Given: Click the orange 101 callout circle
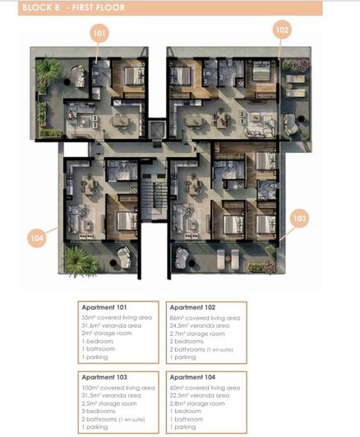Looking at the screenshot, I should pyautogui.click(x=100, y=34).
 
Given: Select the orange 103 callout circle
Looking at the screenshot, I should pyautogui.click(x=299, y=218).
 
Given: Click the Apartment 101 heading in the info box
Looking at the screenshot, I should pyautogui.click(x=106, y=308).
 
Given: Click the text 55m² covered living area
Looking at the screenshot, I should pyautogui.click(x=116, y=317).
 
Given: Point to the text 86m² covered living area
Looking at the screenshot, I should pyautogui.click(x=205, y=317).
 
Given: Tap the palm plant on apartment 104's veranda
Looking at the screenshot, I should pyautogui.click(x=81, y=262).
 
